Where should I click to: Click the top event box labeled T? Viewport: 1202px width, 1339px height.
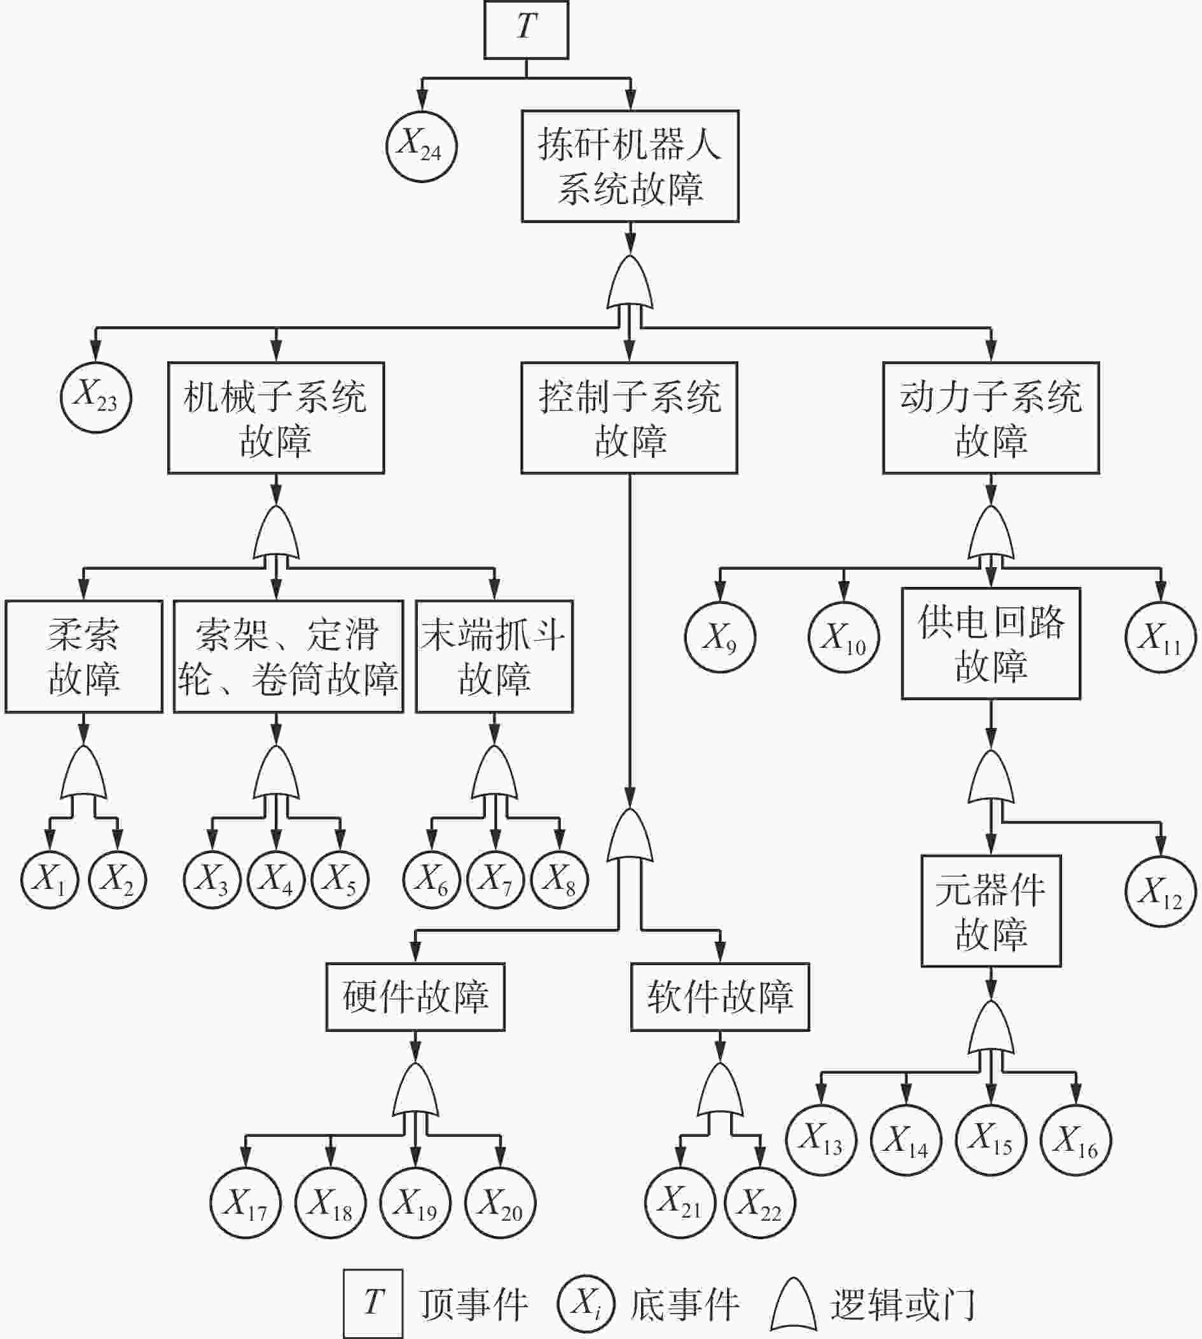coord(526,30)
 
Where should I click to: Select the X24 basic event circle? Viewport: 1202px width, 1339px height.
coord(422,147)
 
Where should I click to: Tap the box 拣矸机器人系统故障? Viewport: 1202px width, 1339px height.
coord(630,166)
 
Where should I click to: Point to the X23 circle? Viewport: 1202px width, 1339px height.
coord(97,398)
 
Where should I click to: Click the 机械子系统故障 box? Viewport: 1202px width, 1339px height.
coord(276,417)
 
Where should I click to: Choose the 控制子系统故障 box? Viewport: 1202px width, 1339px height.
coord(630,417)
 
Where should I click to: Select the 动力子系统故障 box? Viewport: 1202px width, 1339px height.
coord(991,417)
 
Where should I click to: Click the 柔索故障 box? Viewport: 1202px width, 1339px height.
coord(84,656)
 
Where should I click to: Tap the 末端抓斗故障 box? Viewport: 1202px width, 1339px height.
coord(495,656)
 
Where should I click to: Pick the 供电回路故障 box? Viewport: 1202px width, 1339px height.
coord(991,643)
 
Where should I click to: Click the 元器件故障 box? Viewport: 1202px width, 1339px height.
coord(991,911)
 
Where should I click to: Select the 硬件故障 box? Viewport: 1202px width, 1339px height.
coord(415,997)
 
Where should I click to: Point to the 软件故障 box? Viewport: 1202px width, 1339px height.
coord(720,997)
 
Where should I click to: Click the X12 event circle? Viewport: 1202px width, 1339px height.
coord(1161,891)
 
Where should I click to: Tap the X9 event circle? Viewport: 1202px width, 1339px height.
coord(721,637)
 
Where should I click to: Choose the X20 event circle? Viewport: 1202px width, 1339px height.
coord(501,1203)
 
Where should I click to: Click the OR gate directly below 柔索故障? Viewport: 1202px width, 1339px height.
coord(84,773)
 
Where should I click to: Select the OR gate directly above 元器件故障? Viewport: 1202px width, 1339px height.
coord(991,776)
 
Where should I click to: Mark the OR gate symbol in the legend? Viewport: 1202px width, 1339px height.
coord(793,1305)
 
